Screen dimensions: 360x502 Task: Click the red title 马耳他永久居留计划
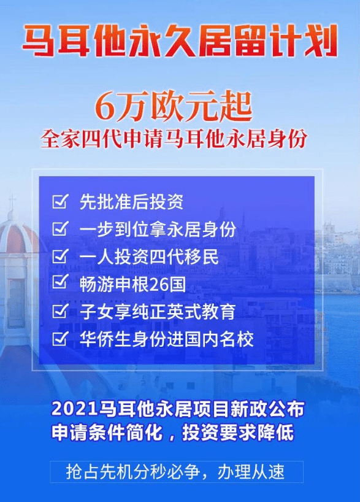pos(180,41)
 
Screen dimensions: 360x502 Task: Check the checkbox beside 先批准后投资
pos(60,201)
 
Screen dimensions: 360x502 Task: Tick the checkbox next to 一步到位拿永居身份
pos(60,228)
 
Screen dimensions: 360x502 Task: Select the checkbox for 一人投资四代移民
pos(60,256)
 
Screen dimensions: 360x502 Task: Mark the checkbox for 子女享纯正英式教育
pos(60,311)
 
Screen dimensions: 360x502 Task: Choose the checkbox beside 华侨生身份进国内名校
pos(60,338)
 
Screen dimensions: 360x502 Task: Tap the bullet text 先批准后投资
pos(131,202)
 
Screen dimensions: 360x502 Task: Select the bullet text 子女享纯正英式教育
pos(158,312)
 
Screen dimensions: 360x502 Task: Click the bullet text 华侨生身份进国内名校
pos(167,339)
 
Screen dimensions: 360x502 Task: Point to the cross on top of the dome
pos(12,202)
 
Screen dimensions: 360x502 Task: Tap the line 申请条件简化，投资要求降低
pos(173,433)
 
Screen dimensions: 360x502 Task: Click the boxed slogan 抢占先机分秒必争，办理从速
pos(175,471)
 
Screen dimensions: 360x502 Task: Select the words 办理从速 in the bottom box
pos(251,471)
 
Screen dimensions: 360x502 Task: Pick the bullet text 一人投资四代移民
pos(149,257)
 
